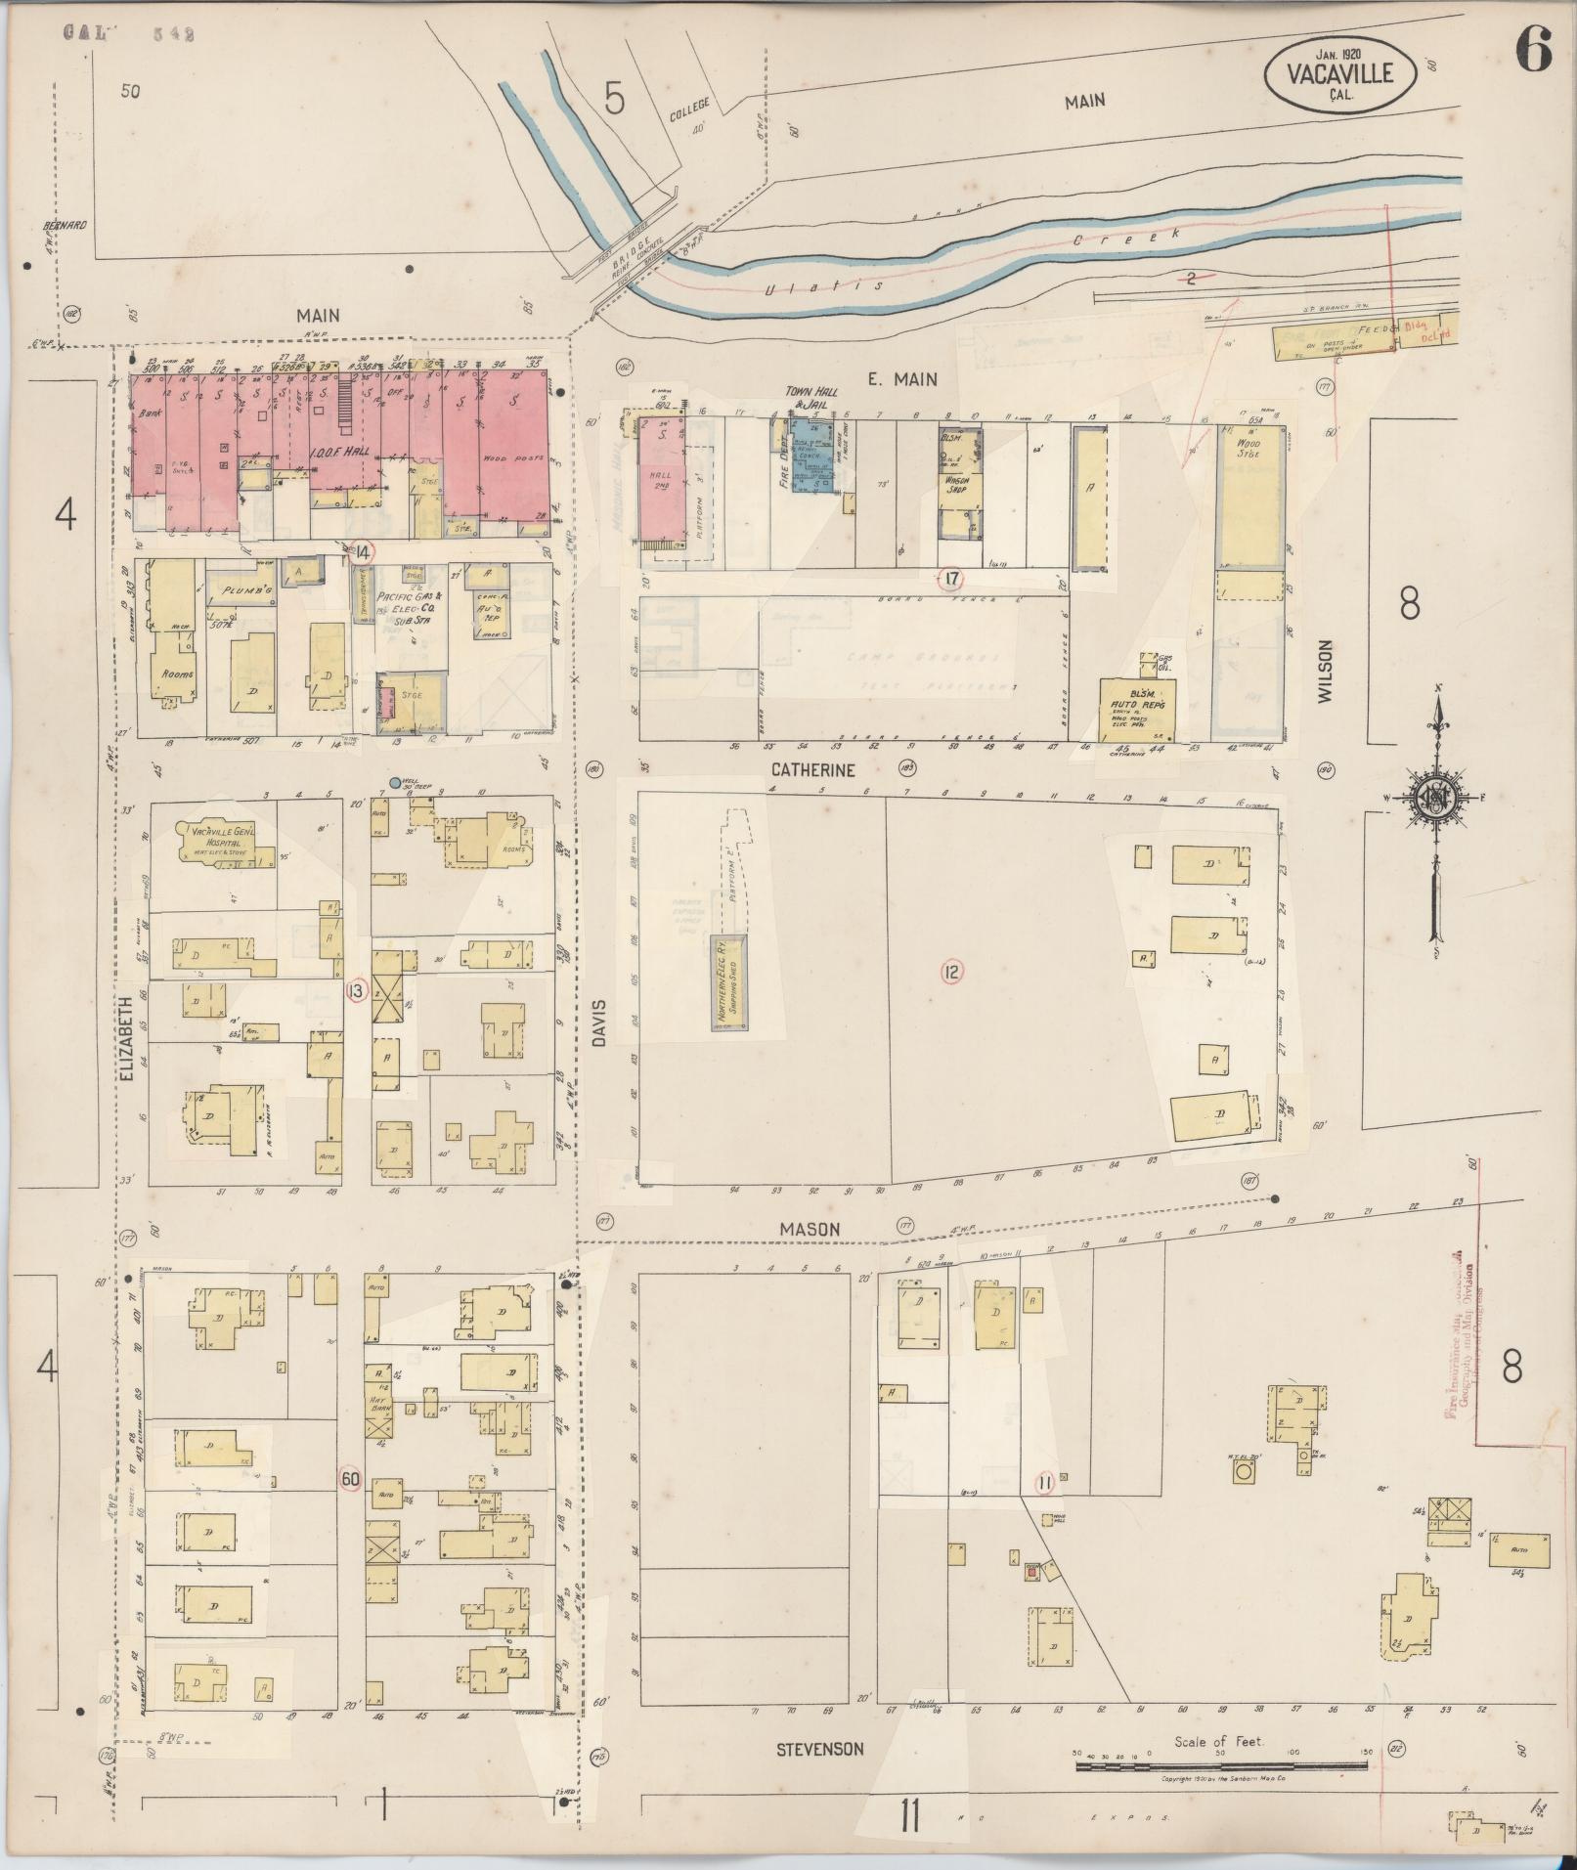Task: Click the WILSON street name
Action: (1325, 672)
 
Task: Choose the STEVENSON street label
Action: (820, 1748)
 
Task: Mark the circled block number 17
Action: (949, 579)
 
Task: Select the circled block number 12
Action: (950, 972)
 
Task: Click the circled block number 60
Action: (349, 1506)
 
